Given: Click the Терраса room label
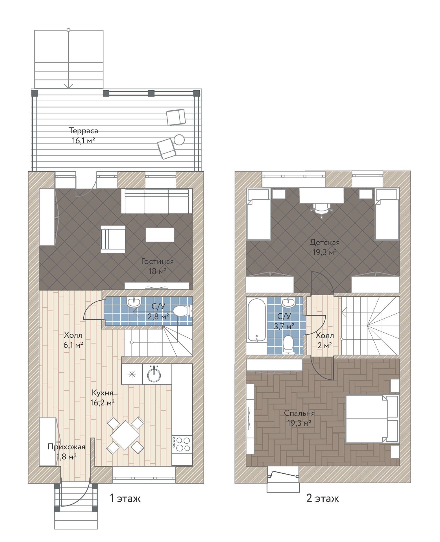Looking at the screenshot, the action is [83, 131].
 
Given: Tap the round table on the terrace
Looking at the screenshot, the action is [179, 139].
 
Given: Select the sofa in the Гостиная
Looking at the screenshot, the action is [157, 201].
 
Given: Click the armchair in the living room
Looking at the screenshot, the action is [113, 239].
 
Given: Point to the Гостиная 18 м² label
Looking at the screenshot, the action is [157, 266].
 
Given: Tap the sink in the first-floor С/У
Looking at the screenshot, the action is [134, 302].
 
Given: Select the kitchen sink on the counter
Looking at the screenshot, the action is [154, 374].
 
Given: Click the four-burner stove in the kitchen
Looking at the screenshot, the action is [182, 444].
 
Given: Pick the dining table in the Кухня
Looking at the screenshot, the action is [125, 435].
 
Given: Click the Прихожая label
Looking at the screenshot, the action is [66, 447].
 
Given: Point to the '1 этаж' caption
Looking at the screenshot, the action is [125, 498].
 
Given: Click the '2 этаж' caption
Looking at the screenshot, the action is [323, 498].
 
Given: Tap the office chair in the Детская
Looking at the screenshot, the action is [321, 209].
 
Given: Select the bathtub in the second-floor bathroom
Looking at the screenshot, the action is [256, 320].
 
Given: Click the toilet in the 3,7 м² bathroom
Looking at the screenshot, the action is [288, 345].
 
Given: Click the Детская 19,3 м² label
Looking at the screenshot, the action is [324, 247].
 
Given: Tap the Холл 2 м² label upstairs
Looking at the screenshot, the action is [324, 340].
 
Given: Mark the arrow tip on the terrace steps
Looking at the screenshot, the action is [68, 88].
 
